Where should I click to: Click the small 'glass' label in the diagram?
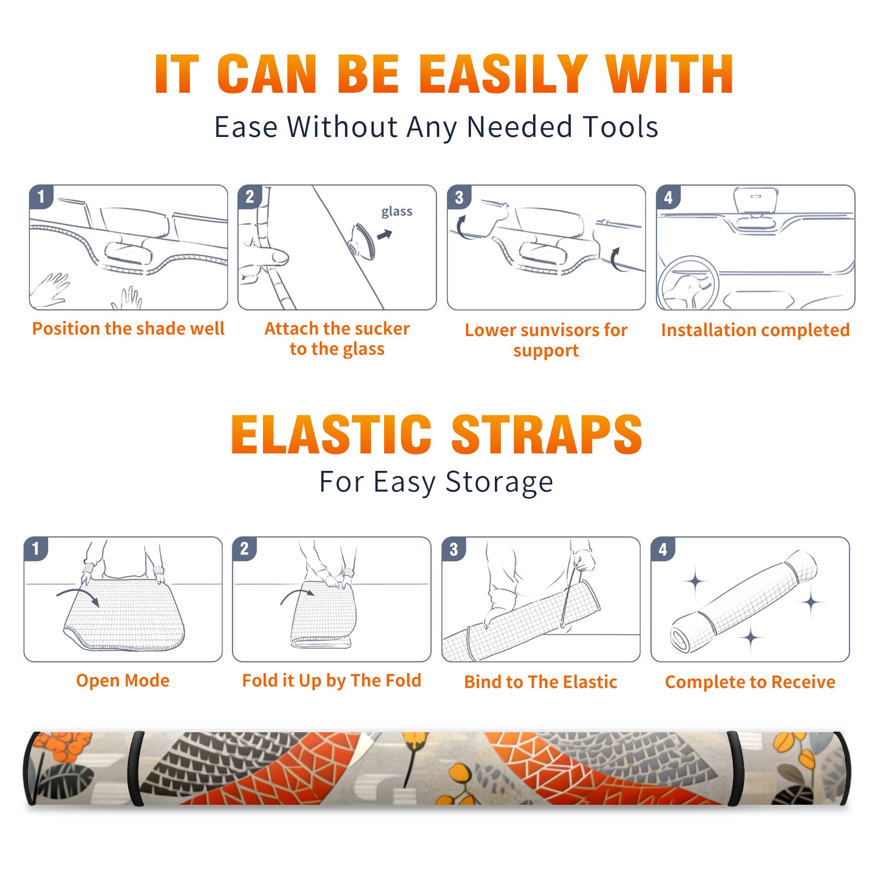click(397, 211)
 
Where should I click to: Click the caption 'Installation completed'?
click(755, 330)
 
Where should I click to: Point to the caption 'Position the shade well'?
click(128, 328)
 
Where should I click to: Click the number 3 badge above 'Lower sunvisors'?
click(459, 197)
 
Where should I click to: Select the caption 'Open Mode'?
click(123, 680)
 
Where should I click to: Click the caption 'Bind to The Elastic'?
click(541, 681)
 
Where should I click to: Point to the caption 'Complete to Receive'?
click(750, 681)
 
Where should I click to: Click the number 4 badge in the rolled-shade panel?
click(663, 549)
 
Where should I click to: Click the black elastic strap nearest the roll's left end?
click(136, 768)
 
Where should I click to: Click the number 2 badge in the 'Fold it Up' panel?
click(244, 549)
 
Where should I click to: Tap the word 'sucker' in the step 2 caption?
click(381, 328)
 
